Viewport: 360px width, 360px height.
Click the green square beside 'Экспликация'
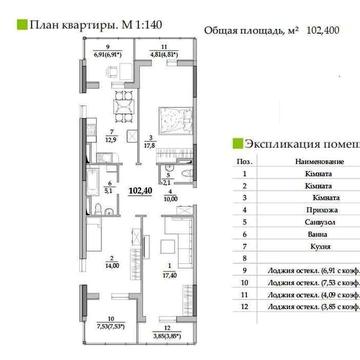[x=236, y=143]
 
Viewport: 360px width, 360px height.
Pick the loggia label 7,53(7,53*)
[x=79, y=324]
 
